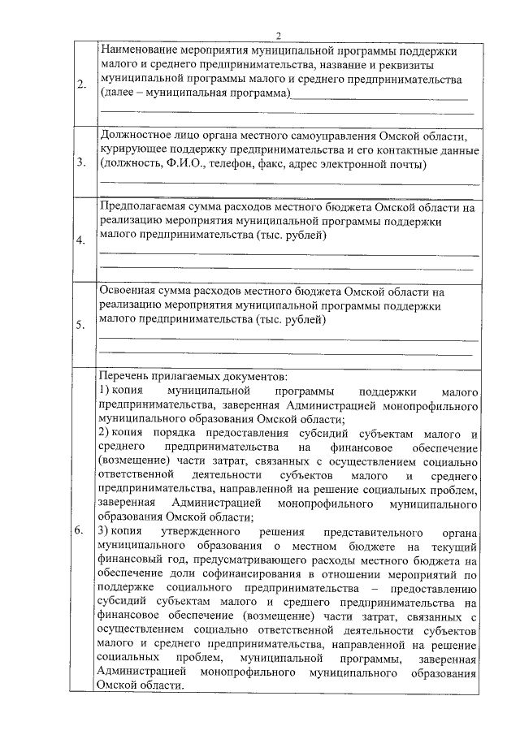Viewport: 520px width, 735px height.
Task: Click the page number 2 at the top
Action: pos(277,35)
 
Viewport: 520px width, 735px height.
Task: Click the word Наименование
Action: pos(137,50)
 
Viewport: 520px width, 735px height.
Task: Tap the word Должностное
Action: pos(135,135)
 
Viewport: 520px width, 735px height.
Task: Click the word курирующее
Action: pos(132,150)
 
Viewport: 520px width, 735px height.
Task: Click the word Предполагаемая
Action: pos(142,206)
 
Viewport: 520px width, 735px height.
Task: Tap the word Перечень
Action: pos(124,377)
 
